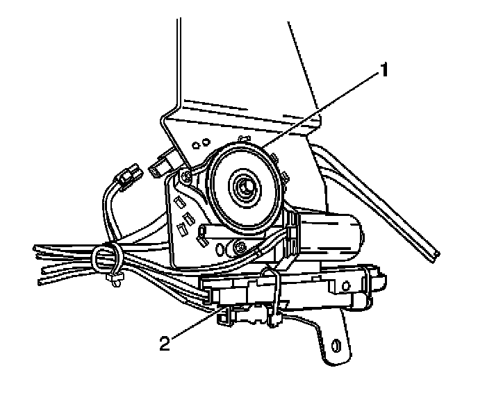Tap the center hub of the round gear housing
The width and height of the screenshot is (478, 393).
click(x=245, y=185)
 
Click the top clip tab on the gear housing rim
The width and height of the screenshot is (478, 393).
click(x=242, y=138)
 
